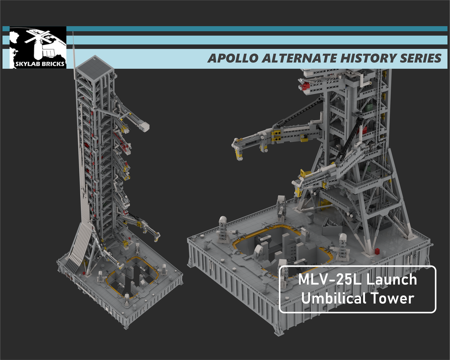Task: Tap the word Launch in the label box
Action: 391,280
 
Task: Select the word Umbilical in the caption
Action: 333,298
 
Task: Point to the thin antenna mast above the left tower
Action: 73,45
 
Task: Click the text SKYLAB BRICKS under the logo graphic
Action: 37,63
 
